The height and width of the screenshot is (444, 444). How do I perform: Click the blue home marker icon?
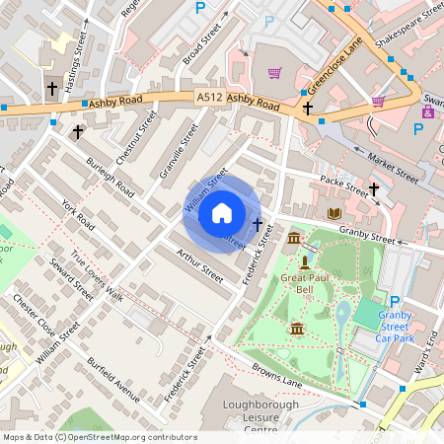222,213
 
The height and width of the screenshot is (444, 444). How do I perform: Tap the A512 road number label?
209,98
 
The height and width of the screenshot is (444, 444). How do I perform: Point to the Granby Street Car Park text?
399,327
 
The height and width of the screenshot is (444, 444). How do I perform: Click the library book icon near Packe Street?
333,213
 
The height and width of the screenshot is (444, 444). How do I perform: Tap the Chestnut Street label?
136,138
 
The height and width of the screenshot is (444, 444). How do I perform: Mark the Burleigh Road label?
109,175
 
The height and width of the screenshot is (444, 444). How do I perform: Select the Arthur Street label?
200,267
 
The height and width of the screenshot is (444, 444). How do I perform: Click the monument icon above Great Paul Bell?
305,262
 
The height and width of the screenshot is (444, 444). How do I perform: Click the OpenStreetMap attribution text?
100,436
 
